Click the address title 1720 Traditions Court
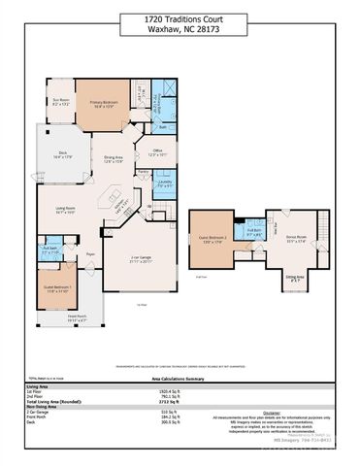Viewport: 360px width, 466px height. [180, 19]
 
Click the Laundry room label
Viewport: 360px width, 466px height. [164, 183]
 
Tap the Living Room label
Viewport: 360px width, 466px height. [66, 211]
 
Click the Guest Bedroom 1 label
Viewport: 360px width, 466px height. [55, 288]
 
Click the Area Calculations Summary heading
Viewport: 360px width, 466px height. [180, 379]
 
